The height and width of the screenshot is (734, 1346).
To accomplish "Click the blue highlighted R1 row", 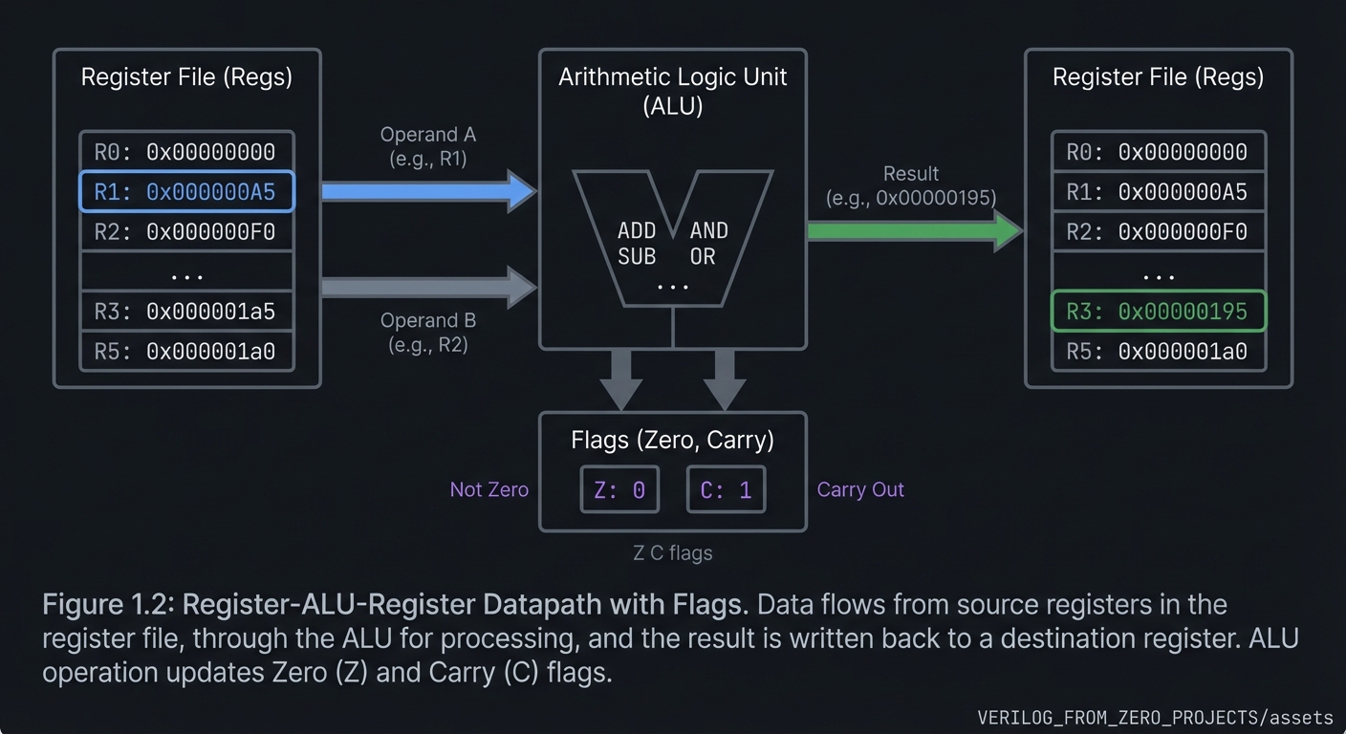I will [186, 192].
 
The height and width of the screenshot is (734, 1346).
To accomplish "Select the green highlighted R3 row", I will [1158, 312].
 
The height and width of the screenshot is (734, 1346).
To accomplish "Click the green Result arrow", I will [914, 230].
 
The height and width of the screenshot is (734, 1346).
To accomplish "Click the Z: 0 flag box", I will [619, 490].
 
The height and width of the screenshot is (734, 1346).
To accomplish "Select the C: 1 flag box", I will [726, 490].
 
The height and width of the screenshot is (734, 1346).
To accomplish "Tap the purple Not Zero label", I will [488, 489].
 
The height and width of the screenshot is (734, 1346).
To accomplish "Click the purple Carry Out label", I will [860, 489].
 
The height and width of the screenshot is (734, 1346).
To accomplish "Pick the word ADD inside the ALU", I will [637, 230].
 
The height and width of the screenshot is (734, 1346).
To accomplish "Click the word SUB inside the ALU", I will [637, 256].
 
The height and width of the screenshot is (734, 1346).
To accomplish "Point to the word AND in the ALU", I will [708, 230].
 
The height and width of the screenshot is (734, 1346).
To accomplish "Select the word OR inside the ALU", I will [703, 256].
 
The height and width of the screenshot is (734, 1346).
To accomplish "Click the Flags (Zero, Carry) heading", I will [672, 440].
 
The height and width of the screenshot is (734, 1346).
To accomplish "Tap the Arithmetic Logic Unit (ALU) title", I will [672, 91].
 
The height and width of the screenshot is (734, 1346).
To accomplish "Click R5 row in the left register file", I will [186, 352].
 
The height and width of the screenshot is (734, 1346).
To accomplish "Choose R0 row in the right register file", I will [1158, 152].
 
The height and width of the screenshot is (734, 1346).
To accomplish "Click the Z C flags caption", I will [672, 552].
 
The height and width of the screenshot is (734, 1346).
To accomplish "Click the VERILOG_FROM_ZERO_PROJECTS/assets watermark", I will [1155, 717].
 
